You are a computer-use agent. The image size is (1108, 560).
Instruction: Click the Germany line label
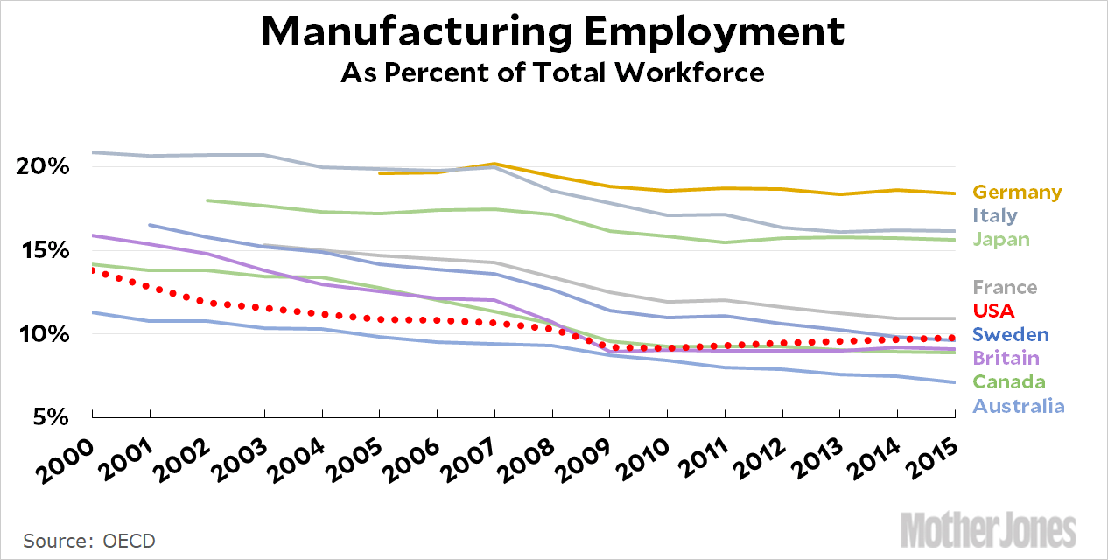1017,192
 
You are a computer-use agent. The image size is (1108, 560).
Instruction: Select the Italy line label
997,215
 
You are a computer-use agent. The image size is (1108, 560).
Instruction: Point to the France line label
1005,287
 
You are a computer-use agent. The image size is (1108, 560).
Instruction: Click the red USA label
993,311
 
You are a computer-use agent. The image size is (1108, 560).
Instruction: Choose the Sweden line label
1011,334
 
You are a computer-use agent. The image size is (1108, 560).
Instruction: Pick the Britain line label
1006,358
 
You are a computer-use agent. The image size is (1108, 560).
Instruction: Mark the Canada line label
1009,381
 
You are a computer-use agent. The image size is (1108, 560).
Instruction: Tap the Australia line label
1019,406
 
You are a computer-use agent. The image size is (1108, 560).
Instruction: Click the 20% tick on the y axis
42,166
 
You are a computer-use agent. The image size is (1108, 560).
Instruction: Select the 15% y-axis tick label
42,250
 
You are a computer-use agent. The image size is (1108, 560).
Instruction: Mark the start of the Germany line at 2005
380,173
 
